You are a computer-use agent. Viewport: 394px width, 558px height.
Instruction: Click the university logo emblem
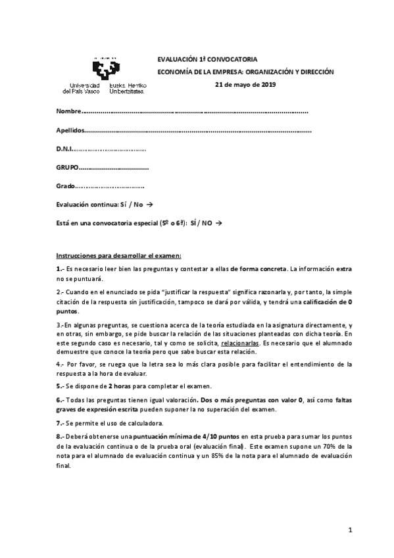click(x=105, y=68)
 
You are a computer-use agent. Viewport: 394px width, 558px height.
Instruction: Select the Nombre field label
click(x=69, y=111)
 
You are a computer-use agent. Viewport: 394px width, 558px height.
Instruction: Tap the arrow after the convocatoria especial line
click(x=218, y=224)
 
